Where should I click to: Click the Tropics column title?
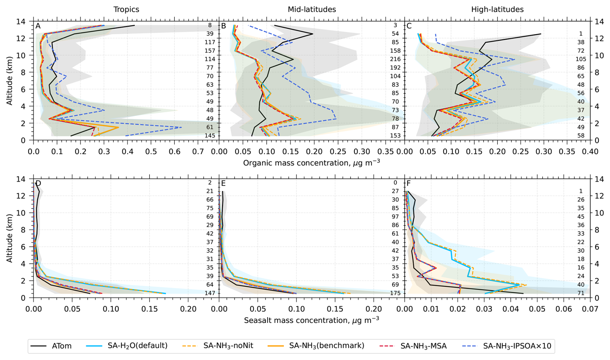coord(126,10)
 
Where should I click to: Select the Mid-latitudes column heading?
coord(312,10)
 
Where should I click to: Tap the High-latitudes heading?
coord(497,10)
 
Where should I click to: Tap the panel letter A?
coord(38,26)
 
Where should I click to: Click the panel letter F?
coord(409,184)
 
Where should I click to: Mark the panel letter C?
coord(409,26)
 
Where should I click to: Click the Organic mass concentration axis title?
coord(311,163)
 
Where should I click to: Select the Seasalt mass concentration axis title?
coord(311,320)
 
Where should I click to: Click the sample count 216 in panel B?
coord(395,59)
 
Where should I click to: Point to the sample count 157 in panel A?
coord(210,51)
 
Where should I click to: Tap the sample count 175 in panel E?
coord(395,293)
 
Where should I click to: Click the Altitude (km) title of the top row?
coord(10,81)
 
